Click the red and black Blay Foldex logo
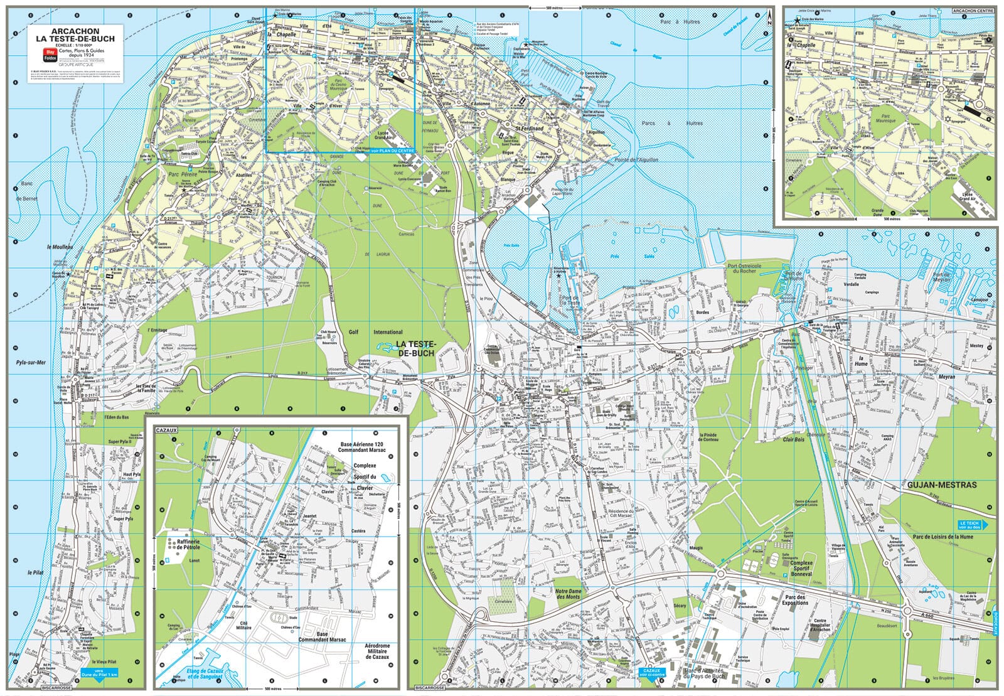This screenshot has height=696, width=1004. [x=50, y=55]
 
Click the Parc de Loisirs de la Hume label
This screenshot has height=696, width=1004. [x=943, y=537]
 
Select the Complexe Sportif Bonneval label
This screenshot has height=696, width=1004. [x=801, y=569]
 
